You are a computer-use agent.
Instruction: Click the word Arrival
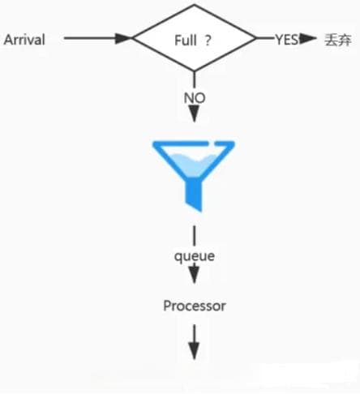(x=24, y=40)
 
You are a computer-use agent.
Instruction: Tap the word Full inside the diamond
(x=186, y=41)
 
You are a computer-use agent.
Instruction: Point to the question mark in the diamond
(x=208, y=41)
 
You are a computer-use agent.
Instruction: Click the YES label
(x=287, y=40)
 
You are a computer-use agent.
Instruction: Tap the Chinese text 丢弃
(x=338, y=40)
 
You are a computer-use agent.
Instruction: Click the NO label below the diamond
(x=195, y=97)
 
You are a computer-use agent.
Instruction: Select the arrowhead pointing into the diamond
(x=123, y=38)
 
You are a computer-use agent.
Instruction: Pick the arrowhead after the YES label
(x=307, y=38)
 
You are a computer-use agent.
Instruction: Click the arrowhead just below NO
(x=195, y=113)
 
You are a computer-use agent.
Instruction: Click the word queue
(x=195, y=255)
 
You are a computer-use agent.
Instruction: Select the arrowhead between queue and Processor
(x=195, y=275)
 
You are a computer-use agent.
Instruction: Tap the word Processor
(x=195, y=306)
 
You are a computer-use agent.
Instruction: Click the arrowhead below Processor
(x=195, y=351)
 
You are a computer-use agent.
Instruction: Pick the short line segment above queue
(x=195, y=236)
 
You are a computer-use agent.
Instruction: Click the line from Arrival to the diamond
(x=98, y=38)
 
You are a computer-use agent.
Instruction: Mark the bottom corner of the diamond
(x=194, y=71)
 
